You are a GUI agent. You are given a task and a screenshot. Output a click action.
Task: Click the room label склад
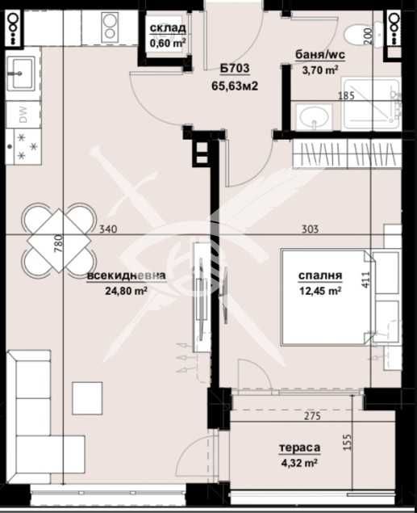[x=168, y=30]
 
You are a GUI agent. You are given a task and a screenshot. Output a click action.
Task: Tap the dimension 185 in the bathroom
[x=347, y=96]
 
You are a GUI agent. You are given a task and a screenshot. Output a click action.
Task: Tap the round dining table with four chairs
[x=53, y=239]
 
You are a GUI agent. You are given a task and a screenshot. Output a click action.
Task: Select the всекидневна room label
[x=127, y=276]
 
